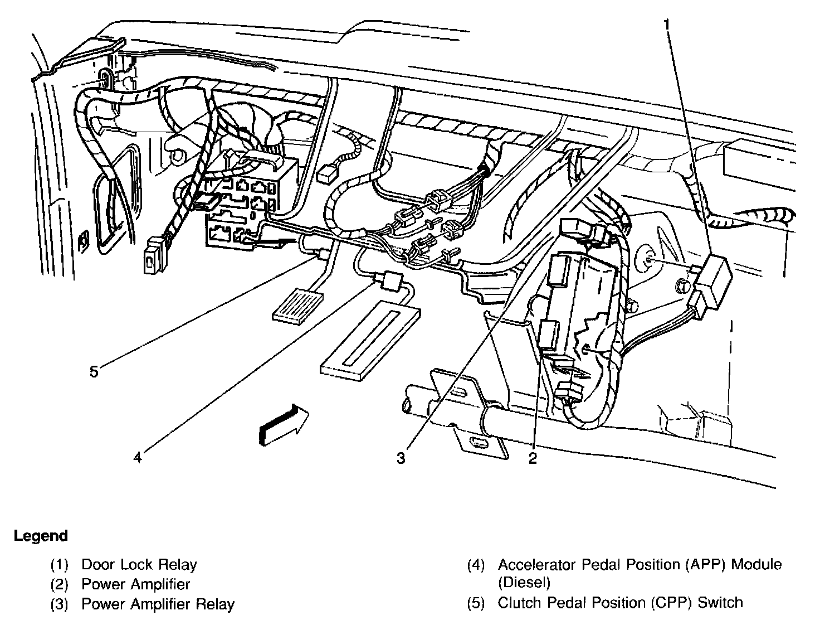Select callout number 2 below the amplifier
(x=533, y=458)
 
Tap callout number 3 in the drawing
(x=401, y=458)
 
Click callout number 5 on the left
(x=94, y=371)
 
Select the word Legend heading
(x=41, y=536)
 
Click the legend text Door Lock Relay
(x=139, y=565)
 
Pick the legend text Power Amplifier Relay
(x=158, y=604)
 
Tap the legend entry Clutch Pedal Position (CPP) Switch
(x=620, y=603)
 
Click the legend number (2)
(x=59, y=584)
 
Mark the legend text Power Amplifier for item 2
(x=135, y=584)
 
